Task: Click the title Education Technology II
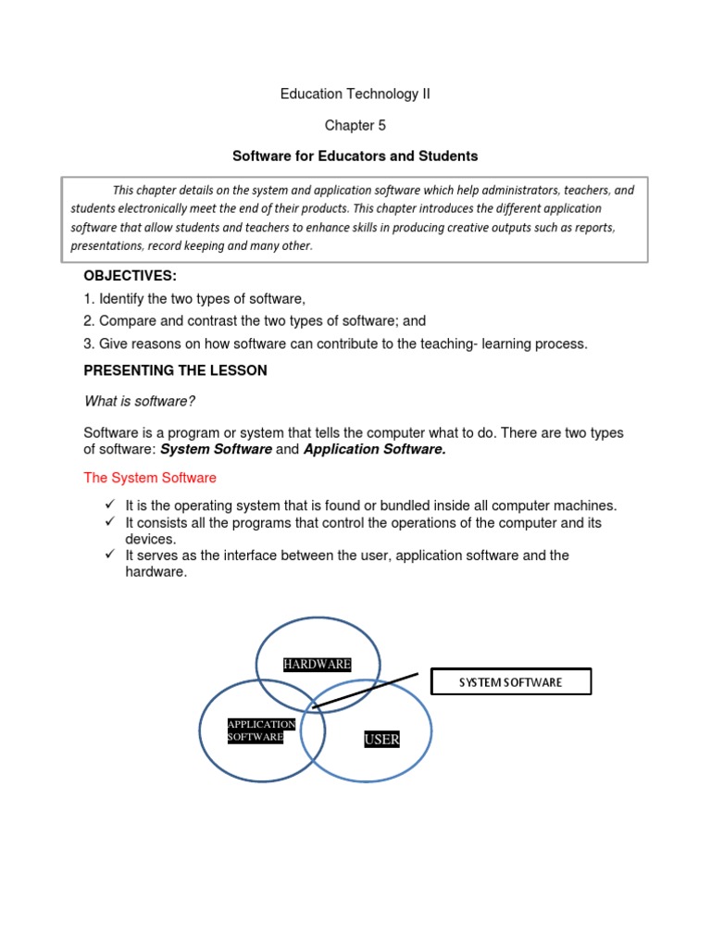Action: point(355,94)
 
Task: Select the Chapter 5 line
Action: point(355,125)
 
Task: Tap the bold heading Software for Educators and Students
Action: point(355,156)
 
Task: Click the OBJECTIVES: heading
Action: point(129,276)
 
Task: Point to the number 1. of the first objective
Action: point(89,299)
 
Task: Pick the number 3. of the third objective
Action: point(89,343)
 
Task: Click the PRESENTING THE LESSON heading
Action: point(175,370)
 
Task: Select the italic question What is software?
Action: point(139,401)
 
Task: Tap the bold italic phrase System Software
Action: point(217,449)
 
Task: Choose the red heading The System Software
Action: point(150,478)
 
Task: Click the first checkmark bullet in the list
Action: point(108,505)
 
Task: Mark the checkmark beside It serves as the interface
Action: point(108,555)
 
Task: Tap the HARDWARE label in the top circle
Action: point(317,664)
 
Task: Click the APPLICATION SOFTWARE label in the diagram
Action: point(261,730)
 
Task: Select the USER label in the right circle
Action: point(381,739)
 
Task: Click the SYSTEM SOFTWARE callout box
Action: point(511,682)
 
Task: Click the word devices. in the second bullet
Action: point(150,539)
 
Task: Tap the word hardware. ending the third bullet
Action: point(156,572)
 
